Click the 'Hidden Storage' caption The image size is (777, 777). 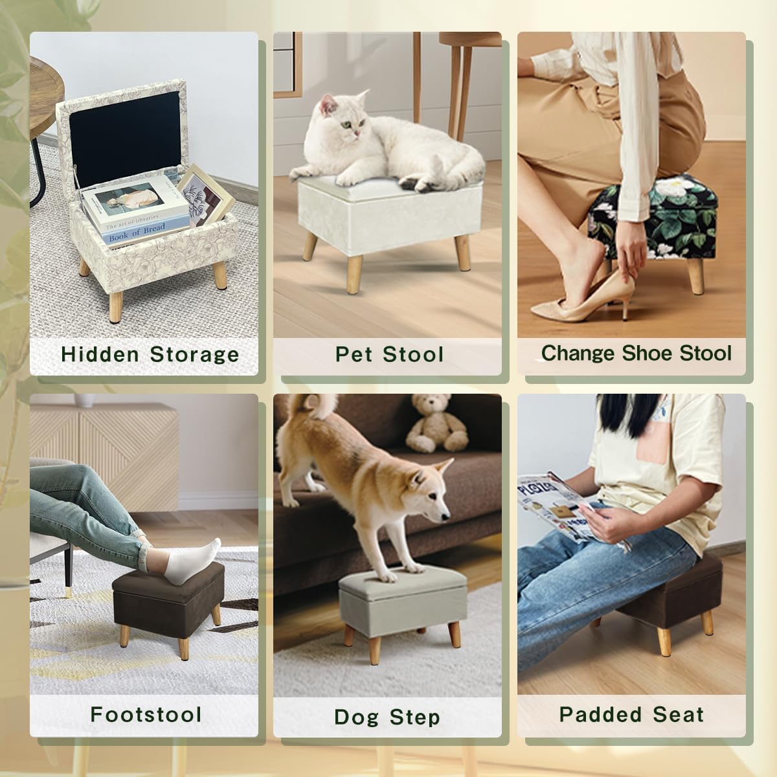tap(150, 354)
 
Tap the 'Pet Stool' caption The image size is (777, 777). tap(389, 354)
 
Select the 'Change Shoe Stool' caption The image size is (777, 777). tap(636, 353)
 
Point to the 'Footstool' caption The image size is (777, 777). tap(146, 714)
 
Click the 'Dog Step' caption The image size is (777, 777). tap(387, 717)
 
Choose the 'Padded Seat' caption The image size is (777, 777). tap(631, 714)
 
